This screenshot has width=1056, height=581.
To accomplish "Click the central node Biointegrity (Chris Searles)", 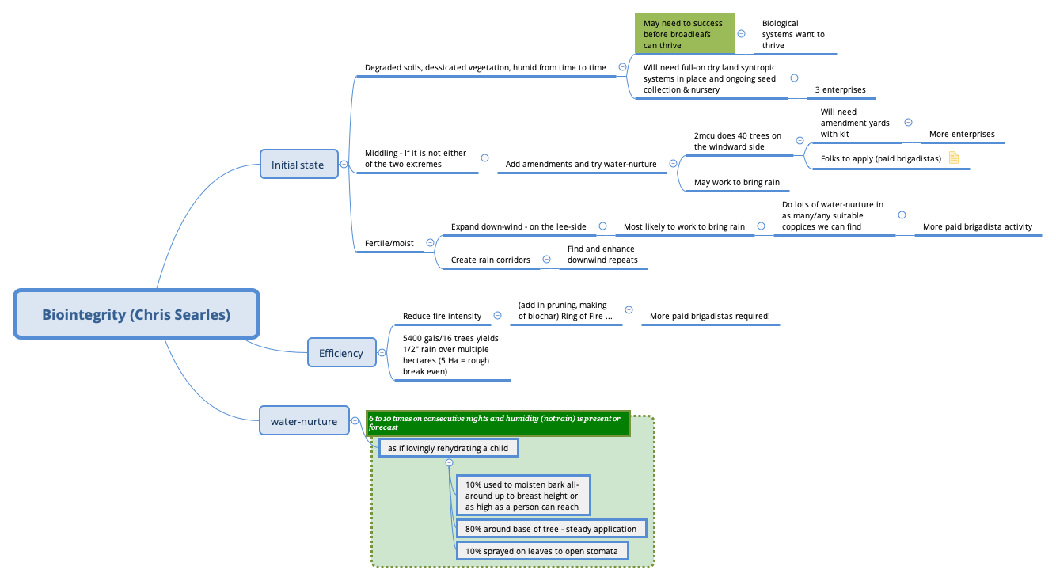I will [136, 314].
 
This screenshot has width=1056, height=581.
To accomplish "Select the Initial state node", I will [298, 165].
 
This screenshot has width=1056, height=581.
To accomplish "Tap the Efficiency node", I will [340, 353].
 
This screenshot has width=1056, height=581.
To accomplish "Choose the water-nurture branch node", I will [303, 421].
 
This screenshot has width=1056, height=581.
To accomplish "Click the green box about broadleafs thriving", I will [683, 34].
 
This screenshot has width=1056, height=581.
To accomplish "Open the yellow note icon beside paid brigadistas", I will [954, 158].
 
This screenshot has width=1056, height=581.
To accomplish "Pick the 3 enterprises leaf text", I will [840, 89].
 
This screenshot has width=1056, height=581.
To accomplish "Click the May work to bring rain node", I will [736, 182].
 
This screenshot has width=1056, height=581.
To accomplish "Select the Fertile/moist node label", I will [388, 242].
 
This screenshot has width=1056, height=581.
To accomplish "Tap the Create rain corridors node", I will [490, 260].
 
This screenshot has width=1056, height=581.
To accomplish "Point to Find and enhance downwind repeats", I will [602, 254].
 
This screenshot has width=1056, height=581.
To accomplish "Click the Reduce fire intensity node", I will [442, 316].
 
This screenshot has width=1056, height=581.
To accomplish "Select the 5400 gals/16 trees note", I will [450, 355].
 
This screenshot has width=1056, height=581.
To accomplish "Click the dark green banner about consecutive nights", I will [498, 423].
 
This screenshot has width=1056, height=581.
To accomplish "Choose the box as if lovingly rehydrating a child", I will [448, 448].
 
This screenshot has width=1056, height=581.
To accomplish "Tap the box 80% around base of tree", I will [550, 529].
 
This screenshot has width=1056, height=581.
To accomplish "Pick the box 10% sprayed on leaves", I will [541, 550].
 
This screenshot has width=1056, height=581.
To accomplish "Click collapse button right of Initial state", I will [344, 165].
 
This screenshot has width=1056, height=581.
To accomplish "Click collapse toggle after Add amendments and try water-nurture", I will [673, 164].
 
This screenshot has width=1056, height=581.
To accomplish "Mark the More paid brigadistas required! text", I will [709, 316].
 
